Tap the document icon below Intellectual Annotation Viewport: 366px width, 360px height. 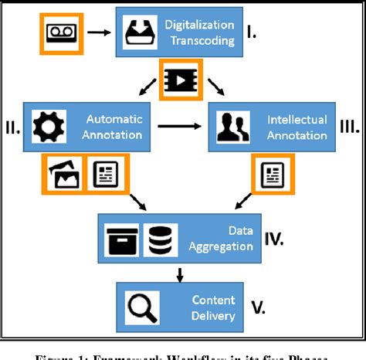(274, 175)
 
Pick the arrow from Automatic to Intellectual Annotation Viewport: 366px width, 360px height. (185, 124)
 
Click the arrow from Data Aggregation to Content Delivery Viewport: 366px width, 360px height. (179, 273)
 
